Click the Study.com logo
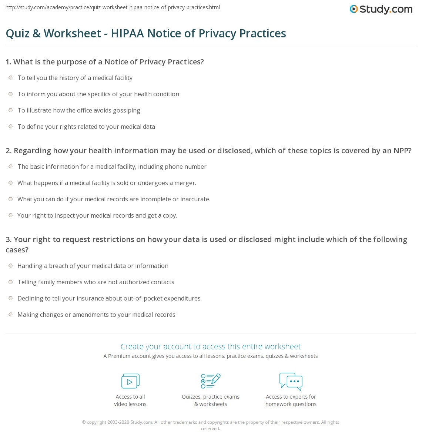click(x=381, y=9)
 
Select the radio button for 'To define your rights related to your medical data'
click(x=11, y=127)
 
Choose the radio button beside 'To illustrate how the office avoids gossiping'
click(x=11, y=110)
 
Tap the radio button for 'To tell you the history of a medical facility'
click(x=11, y=78)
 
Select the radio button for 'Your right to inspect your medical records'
click(x=11, y=215)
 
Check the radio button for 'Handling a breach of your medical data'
click(x=11, y=266)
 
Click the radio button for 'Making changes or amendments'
click(x=11, y=315)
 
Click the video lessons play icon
click(x=130, y=381)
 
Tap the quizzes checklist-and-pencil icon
click(x=211, y=381)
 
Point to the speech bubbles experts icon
click(x=291, y=381)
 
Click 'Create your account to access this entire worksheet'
click(x=211, y=346)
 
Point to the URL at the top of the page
click(x=113, y=7)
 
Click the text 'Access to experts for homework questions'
click(x=291, y=400)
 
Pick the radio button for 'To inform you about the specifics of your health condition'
click(x=11, y=94)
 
